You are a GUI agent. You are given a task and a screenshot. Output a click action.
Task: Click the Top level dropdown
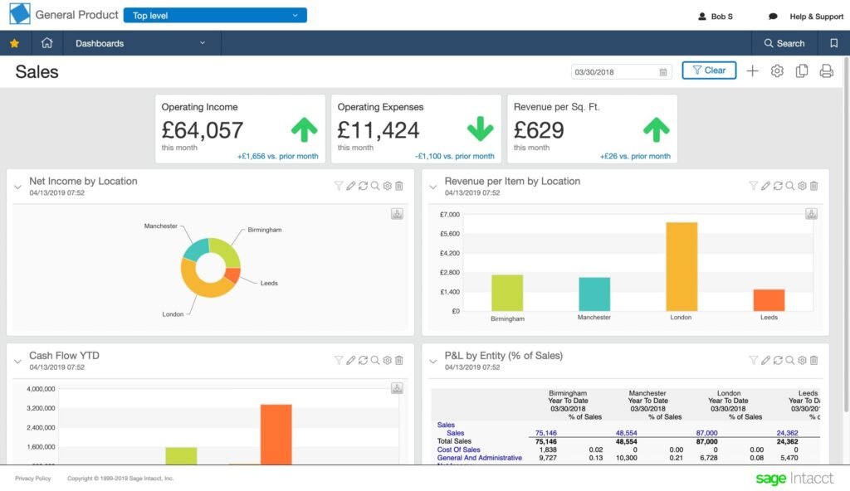click(x=214, y=16)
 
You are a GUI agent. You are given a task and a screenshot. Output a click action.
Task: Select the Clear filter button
click(x=709, y=70)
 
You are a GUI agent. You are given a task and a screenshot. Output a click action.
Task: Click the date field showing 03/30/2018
click(x=615, y=72)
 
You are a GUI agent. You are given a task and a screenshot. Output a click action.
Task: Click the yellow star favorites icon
click(x=14, y=43)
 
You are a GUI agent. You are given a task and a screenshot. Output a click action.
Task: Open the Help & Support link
click(x=816, y=17)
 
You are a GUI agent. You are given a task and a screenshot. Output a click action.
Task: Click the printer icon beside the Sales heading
click(x=826, y=71)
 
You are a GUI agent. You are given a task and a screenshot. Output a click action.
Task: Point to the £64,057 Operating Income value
click(x=203, y=130)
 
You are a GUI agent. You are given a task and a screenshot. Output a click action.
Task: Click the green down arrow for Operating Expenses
click(x=480, y=129)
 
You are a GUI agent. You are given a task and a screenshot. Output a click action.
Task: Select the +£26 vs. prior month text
click(x=635, y=156)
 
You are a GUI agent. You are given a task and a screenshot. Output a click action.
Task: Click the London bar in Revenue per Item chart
click(x=681, y=266)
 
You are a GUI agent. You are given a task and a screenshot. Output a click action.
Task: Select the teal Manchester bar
click(x=594, y=294)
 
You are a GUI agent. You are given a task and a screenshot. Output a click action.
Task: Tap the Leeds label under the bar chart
click(x=769, y=318)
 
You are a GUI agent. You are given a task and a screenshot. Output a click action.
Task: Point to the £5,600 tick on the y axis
click(x=448, y=234)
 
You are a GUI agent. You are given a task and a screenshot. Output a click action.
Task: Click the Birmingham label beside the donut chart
click(x=264, y=230)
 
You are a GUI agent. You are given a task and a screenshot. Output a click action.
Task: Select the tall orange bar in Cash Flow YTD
click(x=276, y=434)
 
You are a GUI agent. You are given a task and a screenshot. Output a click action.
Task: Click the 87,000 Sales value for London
click(x=706, y=433)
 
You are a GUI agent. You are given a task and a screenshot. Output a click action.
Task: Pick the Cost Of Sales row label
click(x=459, y=450)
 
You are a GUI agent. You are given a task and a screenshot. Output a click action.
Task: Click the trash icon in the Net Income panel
click(x=398, y=187)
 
